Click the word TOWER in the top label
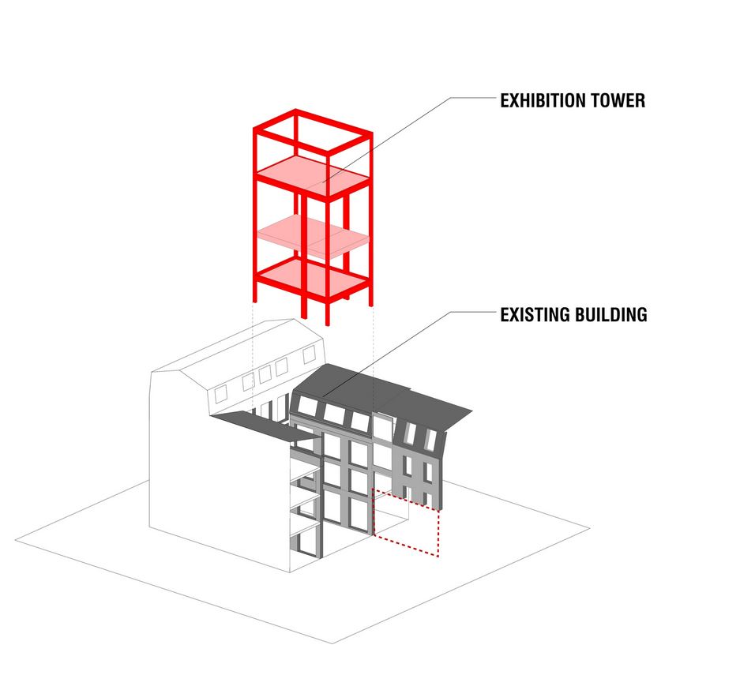[x=620, y=100]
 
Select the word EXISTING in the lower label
[x=535, y=315]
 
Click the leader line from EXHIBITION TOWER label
[x=395, y=139]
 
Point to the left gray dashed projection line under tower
[x=253, y=355]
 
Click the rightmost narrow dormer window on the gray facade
[x=433, y=436]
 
